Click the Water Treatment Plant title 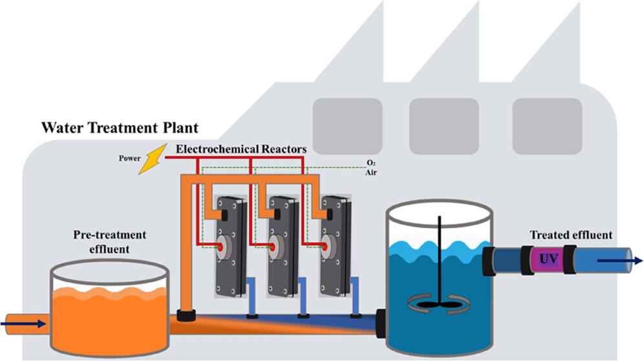[111, 127]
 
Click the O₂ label [370, 164]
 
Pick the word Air [371, 173]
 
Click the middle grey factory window [444, 117]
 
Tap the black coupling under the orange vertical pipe [187, 316]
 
